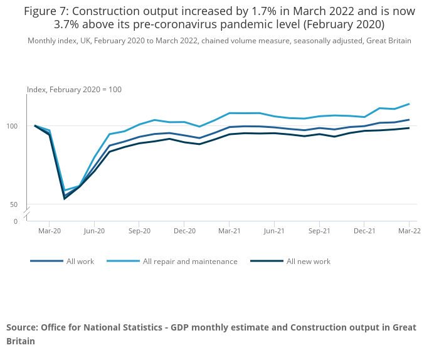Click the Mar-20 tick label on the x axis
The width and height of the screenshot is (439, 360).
[49, 231]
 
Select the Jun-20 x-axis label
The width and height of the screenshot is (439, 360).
[94, 231]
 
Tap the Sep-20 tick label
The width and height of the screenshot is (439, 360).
[139, 231]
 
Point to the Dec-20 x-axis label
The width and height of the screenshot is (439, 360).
[184, 231]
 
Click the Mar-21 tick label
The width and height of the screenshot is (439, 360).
[229, 231]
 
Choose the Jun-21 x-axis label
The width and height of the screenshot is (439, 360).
[274, 231]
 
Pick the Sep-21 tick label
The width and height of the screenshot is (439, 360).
[319, 231]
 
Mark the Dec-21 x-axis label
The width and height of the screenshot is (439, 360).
[364, 231]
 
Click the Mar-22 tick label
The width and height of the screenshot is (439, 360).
[409, 231]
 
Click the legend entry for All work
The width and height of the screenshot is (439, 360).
[80, 262]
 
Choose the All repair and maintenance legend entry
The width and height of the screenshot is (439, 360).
[189, 262]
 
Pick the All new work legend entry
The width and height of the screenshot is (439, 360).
[308, 262]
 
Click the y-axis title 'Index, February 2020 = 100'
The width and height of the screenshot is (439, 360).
[74, 90]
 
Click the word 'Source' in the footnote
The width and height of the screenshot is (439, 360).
[22, 327]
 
